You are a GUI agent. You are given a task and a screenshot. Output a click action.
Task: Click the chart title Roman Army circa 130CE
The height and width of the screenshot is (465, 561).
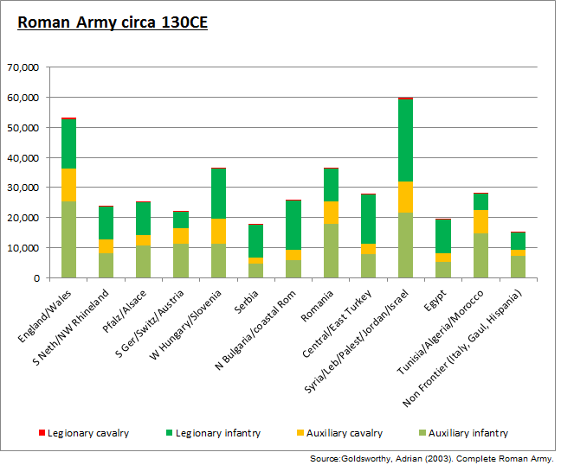coord(112,22)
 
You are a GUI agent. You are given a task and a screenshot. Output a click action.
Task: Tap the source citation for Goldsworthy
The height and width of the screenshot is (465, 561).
coord(430,457)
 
